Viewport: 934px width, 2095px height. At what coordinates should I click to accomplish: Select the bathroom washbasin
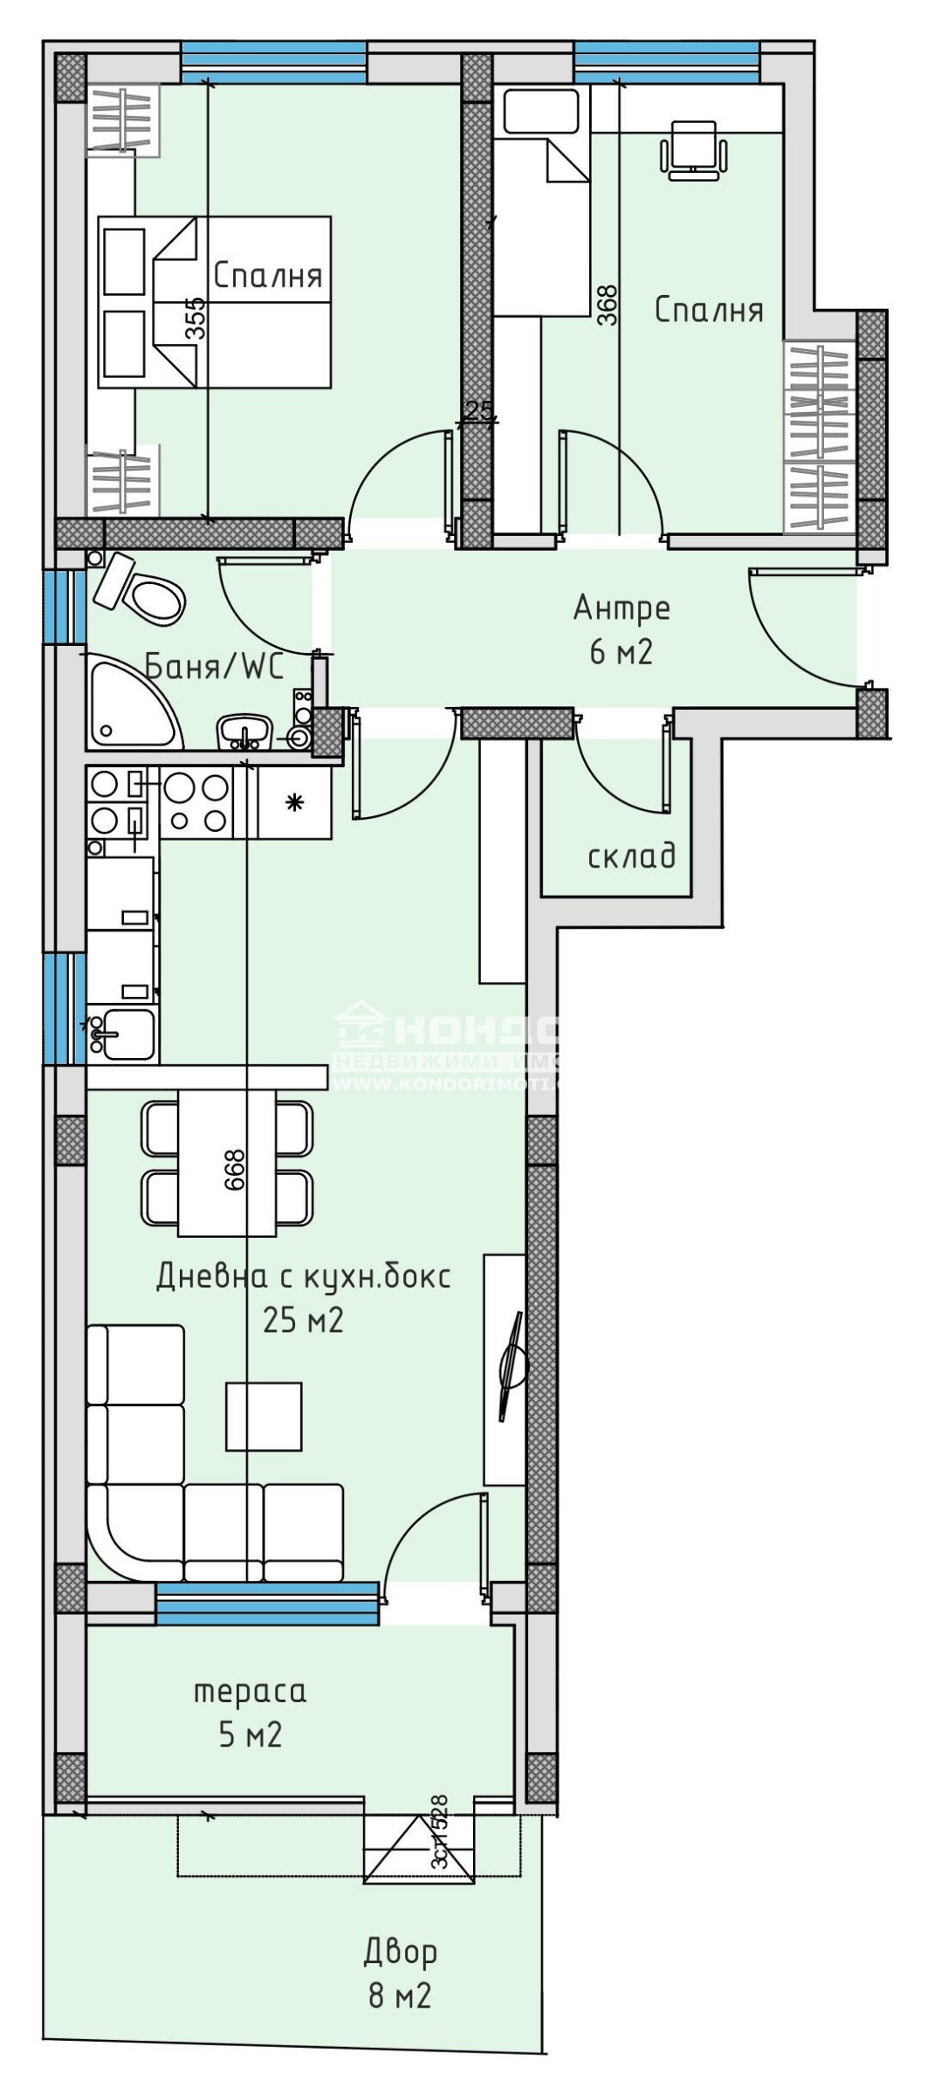pos(244,730)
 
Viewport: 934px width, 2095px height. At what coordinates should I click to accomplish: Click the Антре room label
pos(622,608)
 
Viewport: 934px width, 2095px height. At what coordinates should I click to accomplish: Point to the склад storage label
pos(632,856)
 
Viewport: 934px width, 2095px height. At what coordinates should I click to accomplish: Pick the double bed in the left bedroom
pos(215,302)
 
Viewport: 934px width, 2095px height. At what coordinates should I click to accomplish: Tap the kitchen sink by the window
pos(125,1034)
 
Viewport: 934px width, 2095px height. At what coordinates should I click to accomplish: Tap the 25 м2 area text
pos(303,1321)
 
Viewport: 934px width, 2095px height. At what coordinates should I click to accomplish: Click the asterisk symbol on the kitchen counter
pos(295,802)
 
